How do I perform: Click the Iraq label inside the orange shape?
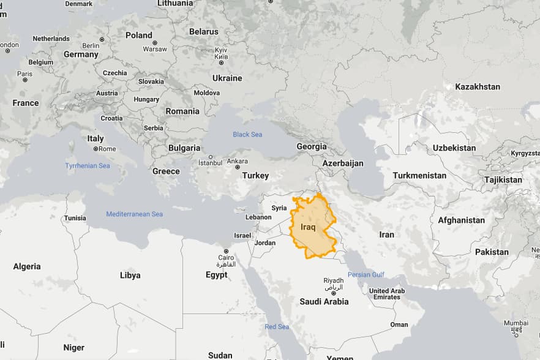[308, 227]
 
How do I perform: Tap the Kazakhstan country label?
[478, 87]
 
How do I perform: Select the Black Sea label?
[247, 134]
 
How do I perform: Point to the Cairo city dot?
[226, 251]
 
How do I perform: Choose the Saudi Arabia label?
[324, 301]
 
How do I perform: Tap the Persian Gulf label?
[366, 274]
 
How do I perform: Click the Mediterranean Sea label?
[135, 214]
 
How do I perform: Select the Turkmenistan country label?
[419, 176]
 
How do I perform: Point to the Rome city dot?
[96, 149]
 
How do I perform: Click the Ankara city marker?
[237, 167]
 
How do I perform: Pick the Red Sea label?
[277, 327]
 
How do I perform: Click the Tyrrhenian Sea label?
[88, 166]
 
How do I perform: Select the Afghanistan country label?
[461, 220]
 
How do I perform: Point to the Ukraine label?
[227, 78]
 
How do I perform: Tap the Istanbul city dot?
[210, 157]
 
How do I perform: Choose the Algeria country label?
[27, 266]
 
